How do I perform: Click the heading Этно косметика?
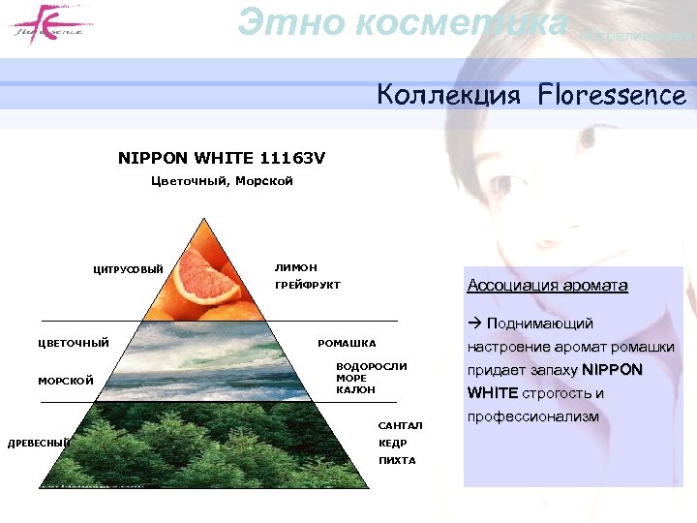click(403, 21)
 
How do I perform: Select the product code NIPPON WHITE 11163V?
click(222, 157)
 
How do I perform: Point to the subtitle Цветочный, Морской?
click(222, 180)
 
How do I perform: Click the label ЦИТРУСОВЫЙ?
click(128, 268)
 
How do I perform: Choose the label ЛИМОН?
click(295, 266)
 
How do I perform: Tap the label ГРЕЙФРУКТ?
click(308, 285)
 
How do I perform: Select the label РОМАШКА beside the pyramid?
click(347, 343)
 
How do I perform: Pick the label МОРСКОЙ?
click(66, 381)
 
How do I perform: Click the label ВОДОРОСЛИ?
click(372, 366)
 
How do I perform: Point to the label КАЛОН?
click(355, 389)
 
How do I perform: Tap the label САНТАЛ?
click(400, 425)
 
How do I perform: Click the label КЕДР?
click(393, 443)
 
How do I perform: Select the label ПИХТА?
click(397, 460)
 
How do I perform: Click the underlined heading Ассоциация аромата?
click(547, 285)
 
